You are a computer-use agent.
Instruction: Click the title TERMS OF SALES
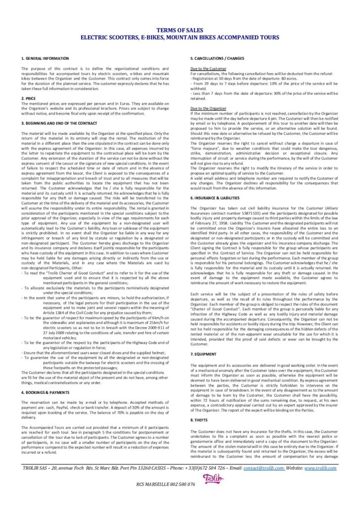point(180,31)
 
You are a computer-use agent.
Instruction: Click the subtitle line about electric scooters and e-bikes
point(180,37)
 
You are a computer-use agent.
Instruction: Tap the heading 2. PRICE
point(29,98)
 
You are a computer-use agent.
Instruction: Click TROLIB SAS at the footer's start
point(37,467)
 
